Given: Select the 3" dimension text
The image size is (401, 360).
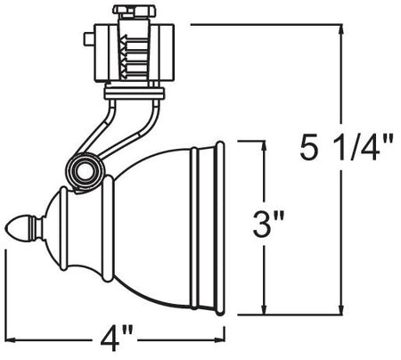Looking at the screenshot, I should tap(268, 223).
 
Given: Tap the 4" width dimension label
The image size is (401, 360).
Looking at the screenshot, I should tap(116, 340).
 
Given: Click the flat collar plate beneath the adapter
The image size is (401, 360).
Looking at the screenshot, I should tap(135, 90).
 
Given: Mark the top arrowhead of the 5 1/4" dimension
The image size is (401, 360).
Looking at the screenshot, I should tap(340, 31).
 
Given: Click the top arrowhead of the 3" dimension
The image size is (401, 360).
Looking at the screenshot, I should tap(264, 146).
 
